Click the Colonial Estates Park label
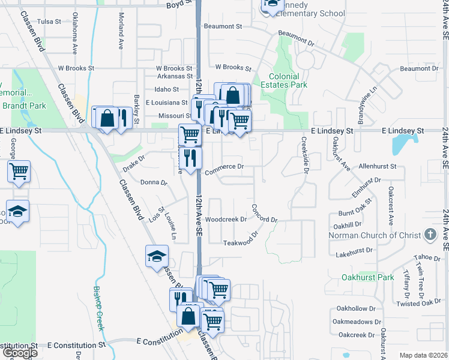click(284, 80)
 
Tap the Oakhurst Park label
click(367, 277)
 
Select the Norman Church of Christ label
click(375, 235)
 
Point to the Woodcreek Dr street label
click(226, 220)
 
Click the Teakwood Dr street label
click(244, 242)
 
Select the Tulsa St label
click(49, 22)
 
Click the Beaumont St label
click(223, 26)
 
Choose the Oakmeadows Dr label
click(355, 322)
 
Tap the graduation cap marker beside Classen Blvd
click(157, 257)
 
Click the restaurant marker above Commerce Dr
click(190, 158)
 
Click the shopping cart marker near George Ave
click(19, 171)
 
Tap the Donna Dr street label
click(152, 182)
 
